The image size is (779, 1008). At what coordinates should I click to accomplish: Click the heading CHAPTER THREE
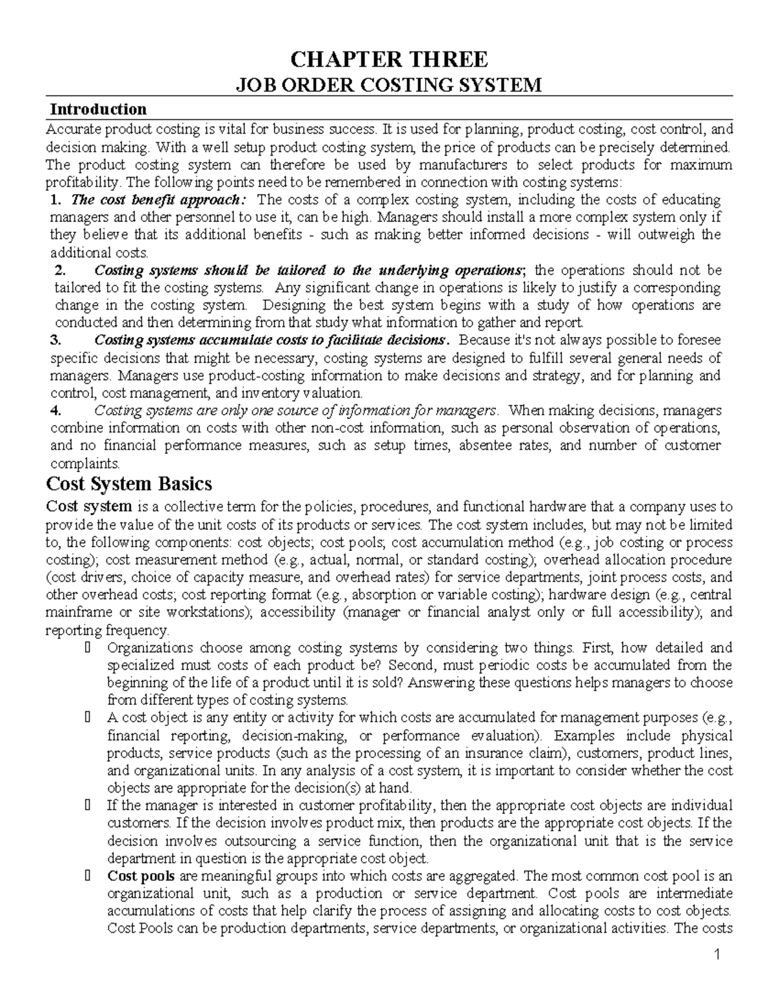tap(388, 60)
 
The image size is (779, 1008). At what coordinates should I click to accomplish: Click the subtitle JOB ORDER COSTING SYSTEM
tap(388, 85)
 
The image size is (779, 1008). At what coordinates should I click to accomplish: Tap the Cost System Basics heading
tap(129, 484)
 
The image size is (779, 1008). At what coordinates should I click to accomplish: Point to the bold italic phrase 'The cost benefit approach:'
tap(159, 199)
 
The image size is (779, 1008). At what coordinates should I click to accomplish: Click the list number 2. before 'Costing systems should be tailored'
tap(61, 270)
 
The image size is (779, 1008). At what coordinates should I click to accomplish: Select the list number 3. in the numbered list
tap(56, 340)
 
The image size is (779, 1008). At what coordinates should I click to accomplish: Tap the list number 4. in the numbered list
tap(56, 410)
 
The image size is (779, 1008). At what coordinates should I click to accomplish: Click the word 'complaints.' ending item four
tap(85, 463)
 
